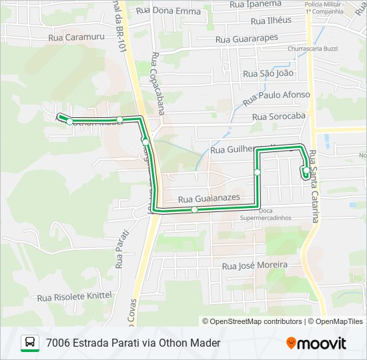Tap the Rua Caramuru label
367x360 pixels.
coord(77,38)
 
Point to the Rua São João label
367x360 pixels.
coord(268,73)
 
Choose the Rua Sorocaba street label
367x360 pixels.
coord(278,117)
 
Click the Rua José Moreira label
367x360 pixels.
coord(255,265)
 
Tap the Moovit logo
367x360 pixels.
coord(316,343)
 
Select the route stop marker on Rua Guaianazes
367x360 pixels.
coord(194,209)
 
